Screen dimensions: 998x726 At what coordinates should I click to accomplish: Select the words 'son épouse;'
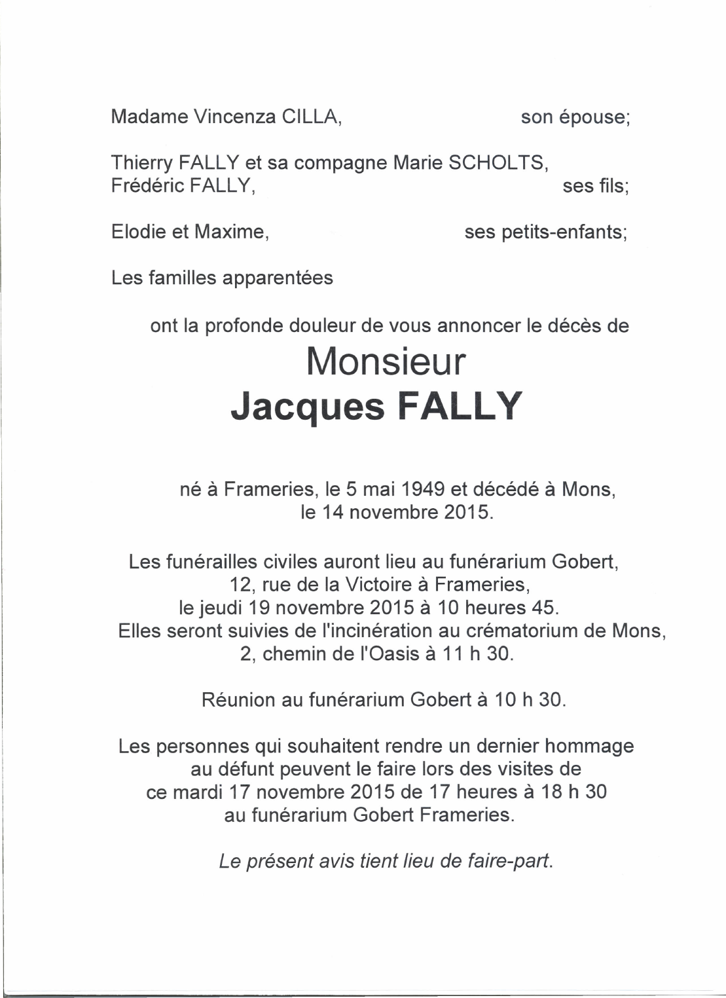575,117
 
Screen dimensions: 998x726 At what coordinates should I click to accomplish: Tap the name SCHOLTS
498,163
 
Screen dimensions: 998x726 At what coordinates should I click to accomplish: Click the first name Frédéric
147,186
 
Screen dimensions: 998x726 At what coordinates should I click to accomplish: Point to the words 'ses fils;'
596,186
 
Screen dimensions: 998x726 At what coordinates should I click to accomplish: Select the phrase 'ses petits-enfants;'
545,232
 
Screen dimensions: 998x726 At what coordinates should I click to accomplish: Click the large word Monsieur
386,361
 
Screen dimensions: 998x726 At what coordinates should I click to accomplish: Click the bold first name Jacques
308,407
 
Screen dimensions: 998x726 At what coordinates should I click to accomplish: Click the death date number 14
332,512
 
